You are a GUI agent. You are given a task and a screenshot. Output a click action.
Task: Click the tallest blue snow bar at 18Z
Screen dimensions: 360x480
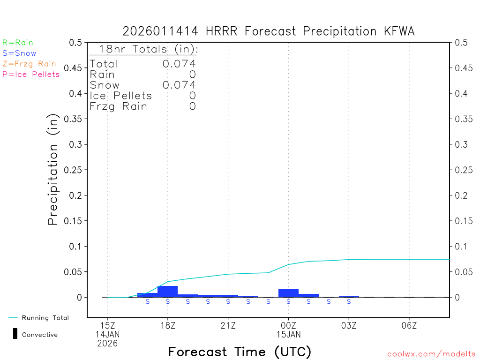pos(167,291)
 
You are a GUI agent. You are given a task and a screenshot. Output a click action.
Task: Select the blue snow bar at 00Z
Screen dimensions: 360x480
pos(288,293)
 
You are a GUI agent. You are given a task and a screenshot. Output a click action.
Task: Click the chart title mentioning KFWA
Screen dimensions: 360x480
pos(269,31)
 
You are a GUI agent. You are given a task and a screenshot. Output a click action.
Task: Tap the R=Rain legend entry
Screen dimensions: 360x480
pos(18,43)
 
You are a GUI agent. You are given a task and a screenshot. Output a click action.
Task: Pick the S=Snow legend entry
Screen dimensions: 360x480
pos(19,53)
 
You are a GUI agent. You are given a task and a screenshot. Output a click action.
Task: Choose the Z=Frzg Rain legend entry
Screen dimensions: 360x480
pos(29,64)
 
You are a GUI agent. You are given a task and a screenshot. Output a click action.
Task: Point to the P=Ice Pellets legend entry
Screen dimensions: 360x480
pos(31,74)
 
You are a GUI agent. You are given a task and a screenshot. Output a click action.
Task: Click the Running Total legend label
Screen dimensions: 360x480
pos(45,318)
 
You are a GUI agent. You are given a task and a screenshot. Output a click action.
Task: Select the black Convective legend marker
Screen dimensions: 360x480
pos(15,334)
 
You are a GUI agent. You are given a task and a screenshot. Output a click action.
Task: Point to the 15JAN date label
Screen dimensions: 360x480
pos(288,334)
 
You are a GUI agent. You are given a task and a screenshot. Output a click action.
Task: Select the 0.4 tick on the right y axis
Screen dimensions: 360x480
pos(461,93)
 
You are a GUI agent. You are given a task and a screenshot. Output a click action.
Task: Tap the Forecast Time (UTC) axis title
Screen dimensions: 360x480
pos(240,352)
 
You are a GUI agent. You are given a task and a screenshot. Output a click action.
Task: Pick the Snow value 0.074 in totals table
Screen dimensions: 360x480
pos(179,85)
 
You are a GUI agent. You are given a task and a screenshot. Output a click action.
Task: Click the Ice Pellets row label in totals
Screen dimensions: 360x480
pos(121,96)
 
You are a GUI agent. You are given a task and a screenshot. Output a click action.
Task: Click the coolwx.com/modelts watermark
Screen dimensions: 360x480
pos(431,354)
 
